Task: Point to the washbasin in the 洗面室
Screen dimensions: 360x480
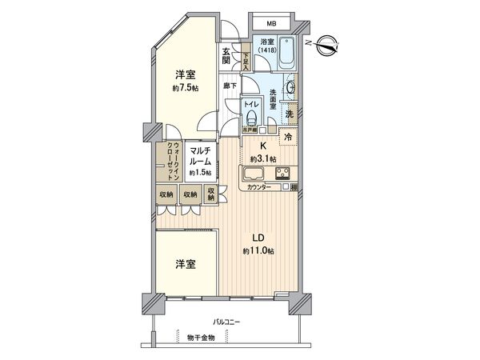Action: (290, 87)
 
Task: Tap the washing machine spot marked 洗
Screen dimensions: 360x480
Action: (290, 114)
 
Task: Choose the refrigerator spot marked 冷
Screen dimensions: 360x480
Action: (288, 137)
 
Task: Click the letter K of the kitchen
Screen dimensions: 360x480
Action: (262, 145)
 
